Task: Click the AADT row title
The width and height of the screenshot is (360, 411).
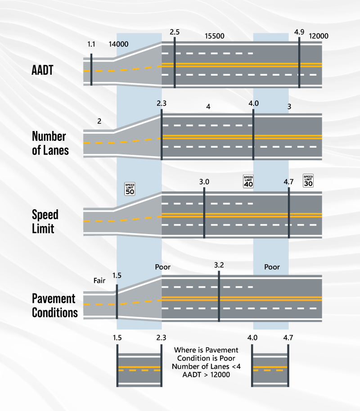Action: (x=42, y=71)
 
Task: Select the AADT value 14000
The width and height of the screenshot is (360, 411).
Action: (x=119, y=44)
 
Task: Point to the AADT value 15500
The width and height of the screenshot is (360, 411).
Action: (x=214, y=36)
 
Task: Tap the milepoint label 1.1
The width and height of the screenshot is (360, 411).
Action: (x=92, y=44)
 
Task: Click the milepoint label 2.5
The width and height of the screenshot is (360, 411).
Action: (x=175, y=32)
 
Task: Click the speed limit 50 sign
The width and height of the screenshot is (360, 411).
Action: (x=130, y=189)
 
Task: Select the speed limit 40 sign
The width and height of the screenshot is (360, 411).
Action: (x=248, y=181)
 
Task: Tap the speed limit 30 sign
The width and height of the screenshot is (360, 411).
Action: (x=308, y=181)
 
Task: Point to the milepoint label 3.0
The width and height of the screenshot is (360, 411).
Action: (x=204, y=182)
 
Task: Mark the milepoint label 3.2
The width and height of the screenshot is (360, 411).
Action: (x=219, y=265)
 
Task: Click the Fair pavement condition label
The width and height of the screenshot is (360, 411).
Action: (x=99, y=280)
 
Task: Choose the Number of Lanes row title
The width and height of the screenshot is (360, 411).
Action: (x=50, y=143)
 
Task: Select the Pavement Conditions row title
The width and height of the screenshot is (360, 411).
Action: (x=54, y=305)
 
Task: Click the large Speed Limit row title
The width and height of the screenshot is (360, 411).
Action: (x=45, y=221)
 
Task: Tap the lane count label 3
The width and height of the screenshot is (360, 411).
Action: (x=289, y=107)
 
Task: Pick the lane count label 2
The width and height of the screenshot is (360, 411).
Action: (x=99, y=121)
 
